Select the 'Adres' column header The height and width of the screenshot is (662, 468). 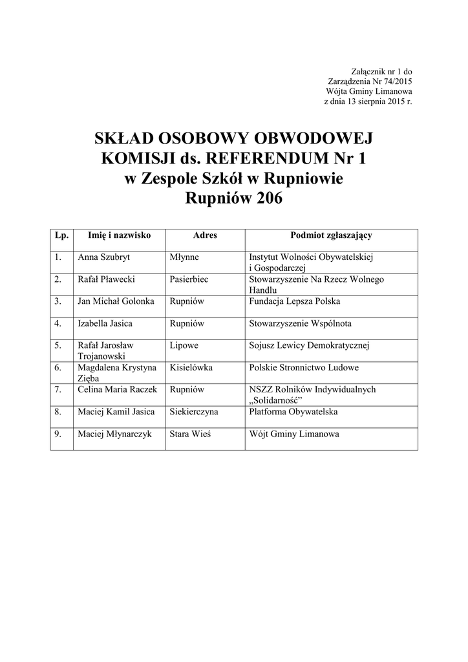(205, 236)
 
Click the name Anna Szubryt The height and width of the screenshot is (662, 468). (103, 257)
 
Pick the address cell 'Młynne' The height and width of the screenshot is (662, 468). (184, 257)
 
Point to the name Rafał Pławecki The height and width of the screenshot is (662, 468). (106, 279)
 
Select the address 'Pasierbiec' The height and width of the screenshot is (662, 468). (189, 279)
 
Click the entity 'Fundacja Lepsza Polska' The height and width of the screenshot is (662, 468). (294, 301)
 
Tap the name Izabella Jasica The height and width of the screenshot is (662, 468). (105, 323)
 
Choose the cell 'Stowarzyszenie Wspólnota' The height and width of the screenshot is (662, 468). (300, 323)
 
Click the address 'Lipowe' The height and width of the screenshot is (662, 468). (184, 345)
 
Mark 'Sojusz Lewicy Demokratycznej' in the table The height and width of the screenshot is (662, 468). (308, 345)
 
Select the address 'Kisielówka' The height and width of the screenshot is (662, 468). (191, 367)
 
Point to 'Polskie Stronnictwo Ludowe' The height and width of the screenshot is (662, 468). (303, 367)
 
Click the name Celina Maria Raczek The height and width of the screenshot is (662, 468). (117, 389)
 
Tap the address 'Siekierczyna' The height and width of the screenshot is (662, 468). (193, 411)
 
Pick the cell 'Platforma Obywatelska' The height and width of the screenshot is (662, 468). (293, 411)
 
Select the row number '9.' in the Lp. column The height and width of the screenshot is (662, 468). (58, 434)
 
